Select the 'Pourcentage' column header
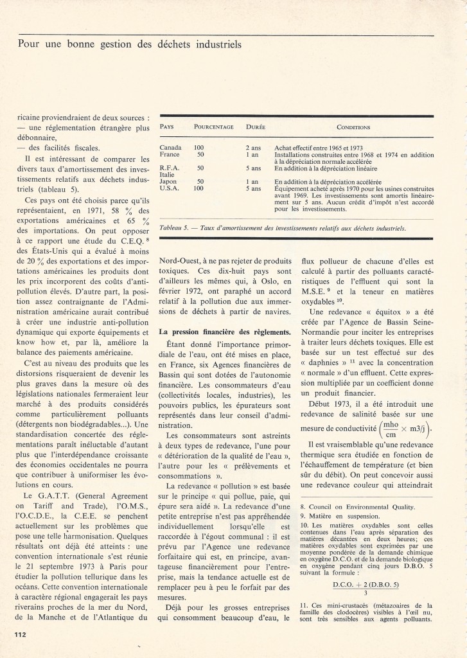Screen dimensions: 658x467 click(x=214, y=127)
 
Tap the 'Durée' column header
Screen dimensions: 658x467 click(x=256, y=127)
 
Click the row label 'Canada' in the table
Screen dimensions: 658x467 click(x=170, y=147)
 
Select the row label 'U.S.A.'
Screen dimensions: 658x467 click(x=169, y=189)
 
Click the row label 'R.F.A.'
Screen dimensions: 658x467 click(x=168, y=168)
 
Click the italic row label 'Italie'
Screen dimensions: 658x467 click(x=166, y=175)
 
